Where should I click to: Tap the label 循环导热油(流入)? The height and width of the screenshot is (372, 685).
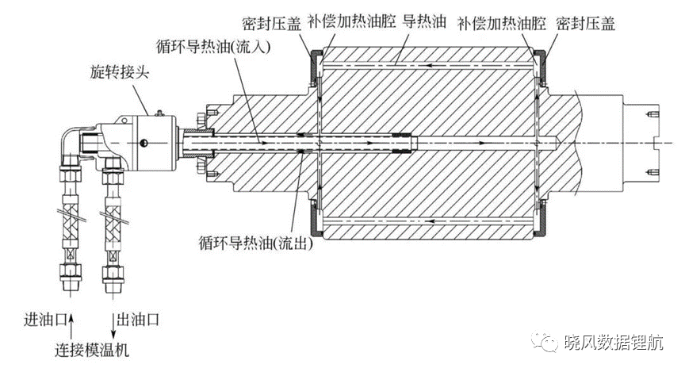click(x=213, y=46)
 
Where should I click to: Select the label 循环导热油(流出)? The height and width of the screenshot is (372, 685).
click(x=256, y=243)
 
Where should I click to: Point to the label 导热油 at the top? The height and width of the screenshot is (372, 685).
click(x=423, y=21)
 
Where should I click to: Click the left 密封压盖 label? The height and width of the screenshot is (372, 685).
click(x=272, y=23)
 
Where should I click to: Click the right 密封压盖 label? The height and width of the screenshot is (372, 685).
click(x=585, y=23)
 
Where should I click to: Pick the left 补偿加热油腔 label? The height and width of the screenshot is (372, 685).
click(x=352, y=21)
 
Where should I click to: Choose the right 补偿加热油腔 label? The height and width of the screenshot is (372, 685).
click(x=502, y=23)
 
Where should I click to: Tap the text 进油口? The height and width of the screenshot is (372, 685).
click(x=45, y=320)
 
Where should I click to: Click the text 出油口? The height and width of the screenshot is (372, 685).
click(x=138, y=320)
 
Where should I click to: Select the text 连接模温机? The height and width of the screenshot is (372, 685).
click(x=92, y=350)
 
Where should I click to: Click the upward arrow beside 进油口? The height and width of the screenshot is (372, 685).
click(x=71, y=324)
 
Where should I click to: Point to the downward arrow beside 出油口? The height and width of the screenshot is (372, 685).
click(x=113, y=324)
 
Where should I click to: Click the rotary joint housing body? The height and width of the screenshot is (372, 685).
click(x=156, y=143)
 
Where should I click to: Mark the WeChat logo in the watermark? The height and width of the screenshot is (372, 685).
click(x=545, y=341)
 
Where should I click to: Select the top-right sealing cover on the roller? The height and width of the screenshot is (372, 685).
click(x=541, y=67)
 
